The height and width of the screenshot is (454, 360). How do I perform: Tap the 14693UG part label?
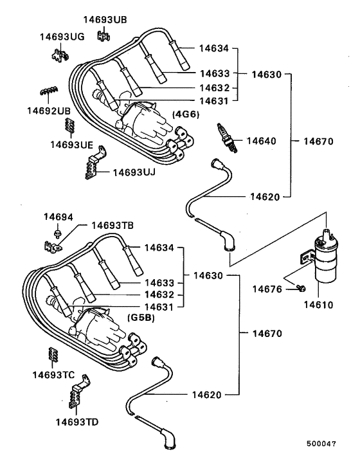(62, 37)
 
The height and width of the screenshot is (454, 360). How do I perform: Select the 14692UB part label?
(48, 111)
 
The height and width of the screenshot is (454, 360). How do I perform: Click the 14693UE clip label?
(72, 144)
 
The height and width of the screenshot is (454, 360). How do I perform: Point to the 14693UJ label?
(134, 172)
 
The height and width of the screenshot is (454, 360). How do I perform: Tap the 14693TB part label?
(112, 225)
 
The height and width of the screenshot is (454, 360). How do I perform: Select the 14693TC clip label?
(55, 374)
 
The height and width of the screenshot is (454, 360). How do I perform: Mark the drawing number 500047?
(328, 443)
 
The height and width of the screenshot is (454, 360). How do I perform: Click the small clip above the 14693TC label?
(53, 355)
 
